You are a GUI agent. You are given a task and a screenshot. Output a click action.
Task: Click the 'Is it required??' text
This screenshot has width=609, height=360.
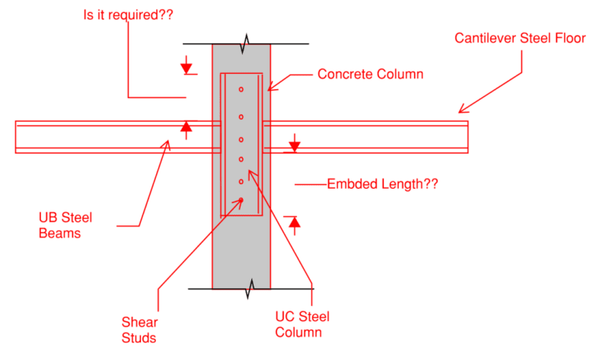(x=127, y=14)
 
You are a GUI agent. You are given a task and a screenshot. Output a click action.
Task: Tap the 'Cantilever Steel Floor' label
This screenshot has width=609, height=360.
(x=521, y=38)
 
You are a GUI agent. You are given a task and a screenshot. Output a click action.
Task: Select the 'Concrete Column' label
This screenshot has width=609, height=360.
(x=370, y=75)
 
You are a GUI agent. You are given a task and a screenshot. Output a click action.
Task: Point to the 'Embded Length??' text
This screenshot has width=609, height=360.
(x=382, y=184)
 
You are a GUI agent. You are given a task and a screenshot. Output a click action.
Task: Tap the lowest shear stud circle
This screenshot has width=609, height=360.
(x=241, y=201)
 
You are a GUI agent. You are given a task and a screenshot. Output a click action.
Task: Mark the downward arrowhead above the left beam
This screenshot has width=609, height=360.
(x=187, y=68)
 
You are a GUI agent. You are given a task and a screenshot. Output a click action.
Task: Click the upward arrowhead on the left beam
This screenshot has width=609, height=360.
(x=187, y=127)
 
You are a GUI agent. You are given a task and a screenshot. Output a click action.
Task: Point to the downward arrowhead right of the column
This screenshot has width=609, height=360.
(x=295, y=145)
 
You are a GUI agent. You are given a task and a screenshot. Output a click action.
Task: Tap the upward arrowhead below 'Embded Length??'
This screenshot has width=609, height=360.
(x=295, y=222)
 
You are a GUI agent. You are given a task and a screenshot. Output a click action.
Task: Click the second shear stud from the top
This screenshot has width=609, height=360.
(x=241, y=116)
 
